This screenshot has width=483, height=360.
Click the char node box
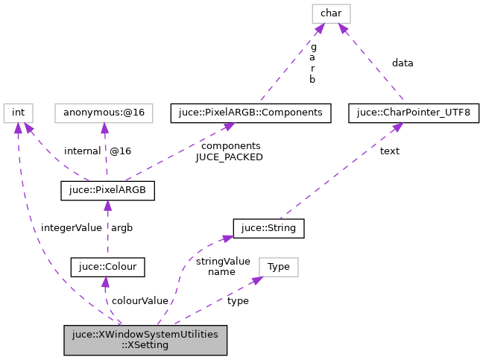tap(330, 13)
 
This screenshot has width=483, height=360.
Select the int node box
tap(19, 113)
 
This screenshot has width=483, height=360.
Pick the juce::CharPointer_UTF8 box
tap(414, 113)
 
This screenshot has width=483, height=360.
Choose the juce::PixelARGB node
tap(107, 190)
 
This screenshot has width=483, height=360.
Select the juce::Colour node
tap(107, 266)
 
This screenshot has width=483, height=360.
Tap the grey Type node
tap(278, 266)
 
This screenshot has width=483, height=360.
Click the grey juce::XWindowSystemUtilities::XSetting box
tap(145, 339)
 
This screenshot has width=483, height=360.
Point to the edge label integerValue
tap(71, 227)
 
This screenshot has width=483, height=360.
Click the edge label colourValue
tap(139, 300)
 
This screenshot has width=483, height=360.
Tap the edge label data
tap(402, 63)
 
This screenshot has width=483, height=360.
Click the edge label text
tap(389, 151)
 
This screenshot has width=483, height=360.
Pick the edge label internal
tap(82, 151)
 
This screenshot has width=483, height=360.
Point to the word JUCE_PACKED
tap(230, 157)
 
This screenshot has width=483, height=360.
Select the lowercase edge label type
tap(238, 300)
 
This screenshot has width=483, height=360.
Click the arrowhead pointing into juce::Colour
tap(105, 280)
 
